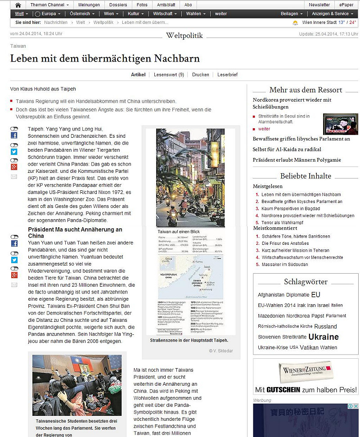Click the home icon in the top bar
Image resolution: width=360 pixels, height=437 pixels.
coord(18,5)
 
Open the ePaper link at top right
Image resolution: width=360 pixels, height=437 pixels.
coord(346,5)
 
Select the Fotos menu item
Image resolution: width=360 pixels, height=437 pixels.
coord(142,5)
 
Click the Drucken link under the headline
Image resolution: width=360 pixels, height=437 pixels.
coord(201,75)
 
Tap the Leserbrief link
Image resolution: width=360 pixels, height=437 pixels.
coord(227,75)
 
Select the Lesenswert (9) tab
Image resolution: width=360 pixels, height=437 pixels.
coord(169,75)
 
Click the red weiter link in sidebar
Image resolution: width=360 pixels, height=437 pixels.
coord(265,129)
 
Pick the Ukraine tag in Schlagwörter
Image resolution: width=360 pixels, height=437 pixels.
coord(323,337)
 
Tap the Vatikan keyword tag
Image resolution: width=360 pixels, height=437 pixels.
coord(310,347)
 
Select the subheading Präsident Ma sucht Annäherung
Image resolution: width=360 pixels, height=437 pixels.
coord(75,232)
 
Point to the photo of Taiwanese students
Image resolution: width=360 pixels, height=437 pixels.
coord(76,385)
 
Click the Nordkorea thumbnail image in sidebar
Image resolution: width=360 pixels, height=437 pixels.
coord(340,124)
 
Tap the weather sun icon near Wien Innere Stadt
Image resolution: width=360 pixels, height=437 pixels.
coord(295,23)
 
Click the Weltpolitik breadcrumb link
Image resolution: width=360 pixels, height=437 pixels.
coord(104,22)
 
